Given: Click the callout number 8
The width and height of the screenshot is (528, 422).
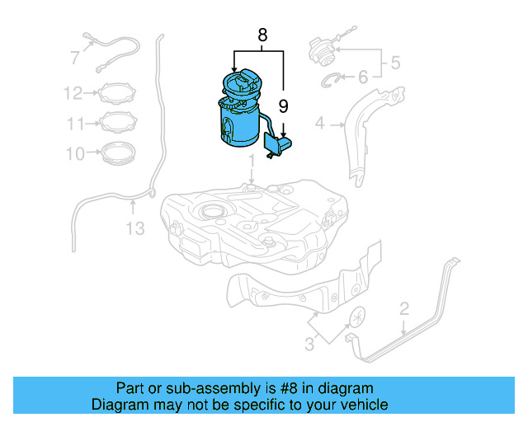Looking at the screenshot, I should coord(262,35).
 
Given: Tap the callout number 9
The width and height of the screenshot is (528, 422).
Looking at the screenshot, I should coord(283,105).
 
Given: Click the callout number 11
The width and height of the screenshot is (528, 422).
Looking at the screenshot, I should coord(76,124).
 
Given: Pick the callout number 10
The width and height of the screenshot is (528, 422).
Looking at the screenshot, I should coord(74,153).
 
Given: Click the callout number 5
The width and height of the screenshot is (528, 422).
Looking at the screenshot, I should coord(395,62).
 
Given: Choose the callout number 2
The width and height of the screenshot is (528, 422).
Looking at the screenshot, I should coord(403,309).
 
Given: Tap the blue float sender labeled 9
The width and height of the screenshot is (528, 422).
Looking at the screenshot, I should coord(277,145).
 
